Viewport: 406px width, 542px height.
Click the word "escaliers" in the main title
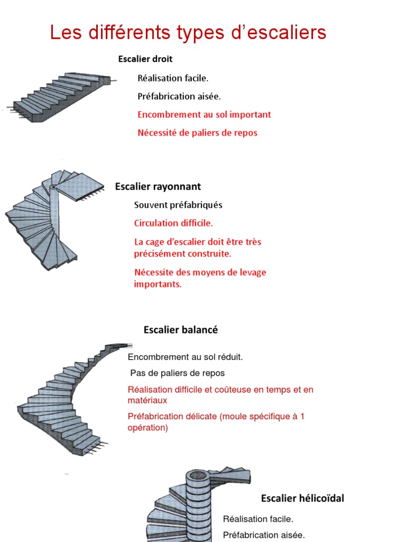coord(285,33)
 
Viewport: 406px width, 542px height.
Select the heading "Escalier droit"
coord(145,59)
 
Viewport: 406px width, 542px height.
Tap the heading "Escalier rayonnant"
coord(158,186)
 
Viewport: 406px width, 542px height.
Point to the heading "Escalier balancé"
coord(181,330)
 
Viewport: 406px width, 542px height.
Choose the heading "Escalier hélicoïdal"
coord(302,498)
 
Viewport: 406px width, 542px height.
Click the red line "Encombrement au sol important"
coord(204,114)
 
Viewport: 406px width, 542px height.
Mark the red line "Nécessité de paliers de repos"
coord(197,132)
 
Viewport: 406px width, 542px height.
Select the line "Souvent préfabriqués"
coord(178,205)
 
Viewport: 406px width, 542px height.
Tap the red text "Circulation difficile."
coord(173,223)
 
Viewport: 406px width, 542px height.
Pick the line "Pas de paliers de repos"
coord(177,373)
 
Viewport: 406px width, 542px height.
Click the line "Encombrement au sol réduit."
coord(185,357)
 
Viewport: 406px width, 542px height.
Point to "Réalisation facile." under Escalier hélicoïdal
coord(258,519)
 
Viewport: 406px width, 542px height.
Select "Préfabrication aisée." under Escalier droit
coord(179,96)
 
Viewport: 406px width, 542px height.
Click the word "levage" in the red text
coord(253,273)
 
